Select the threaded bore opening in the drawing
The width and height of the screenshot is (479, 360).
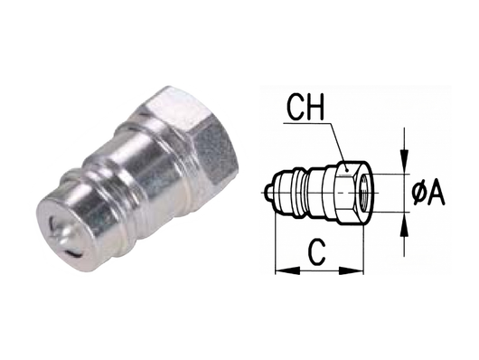361,191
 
